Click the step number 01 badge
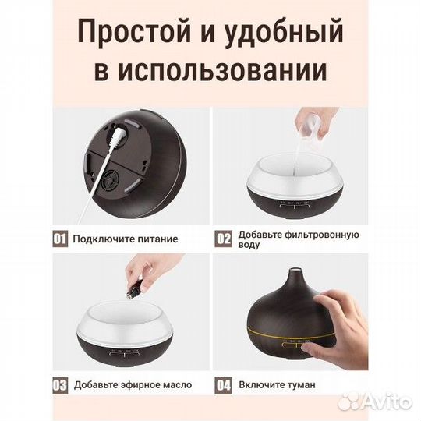point(59,239)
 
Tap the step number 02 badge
point(225,239)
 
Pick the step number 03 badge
point(59,384)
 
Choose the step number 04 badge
point(225,384)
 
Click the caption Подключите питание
point(126,239)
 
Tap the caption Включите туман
point(278,385)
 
